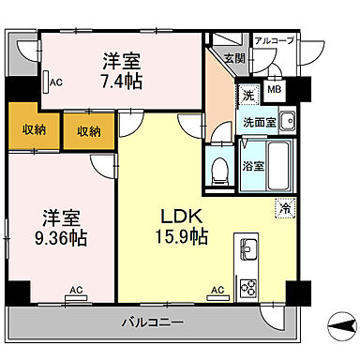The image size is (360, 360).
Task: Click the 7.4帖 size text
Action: [x=122, y=82]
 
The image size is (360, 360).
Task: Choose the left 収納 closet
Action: [x=27, y=130]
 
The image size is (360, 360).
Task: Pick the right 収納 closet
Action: [x=89, y=130]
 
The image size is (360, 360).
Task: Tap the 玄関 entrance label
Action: [x=233, y=59]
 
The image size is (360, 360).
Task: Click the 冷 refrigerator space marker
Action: [x=280, y=209]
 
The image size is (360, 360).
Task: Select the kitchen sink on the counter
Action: [x=249, y=250]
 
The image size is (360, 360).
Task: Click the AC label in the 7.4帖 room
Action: [x=56, y=82]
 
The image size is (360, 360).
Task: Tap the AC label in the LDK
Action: [x=217, y=292]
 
